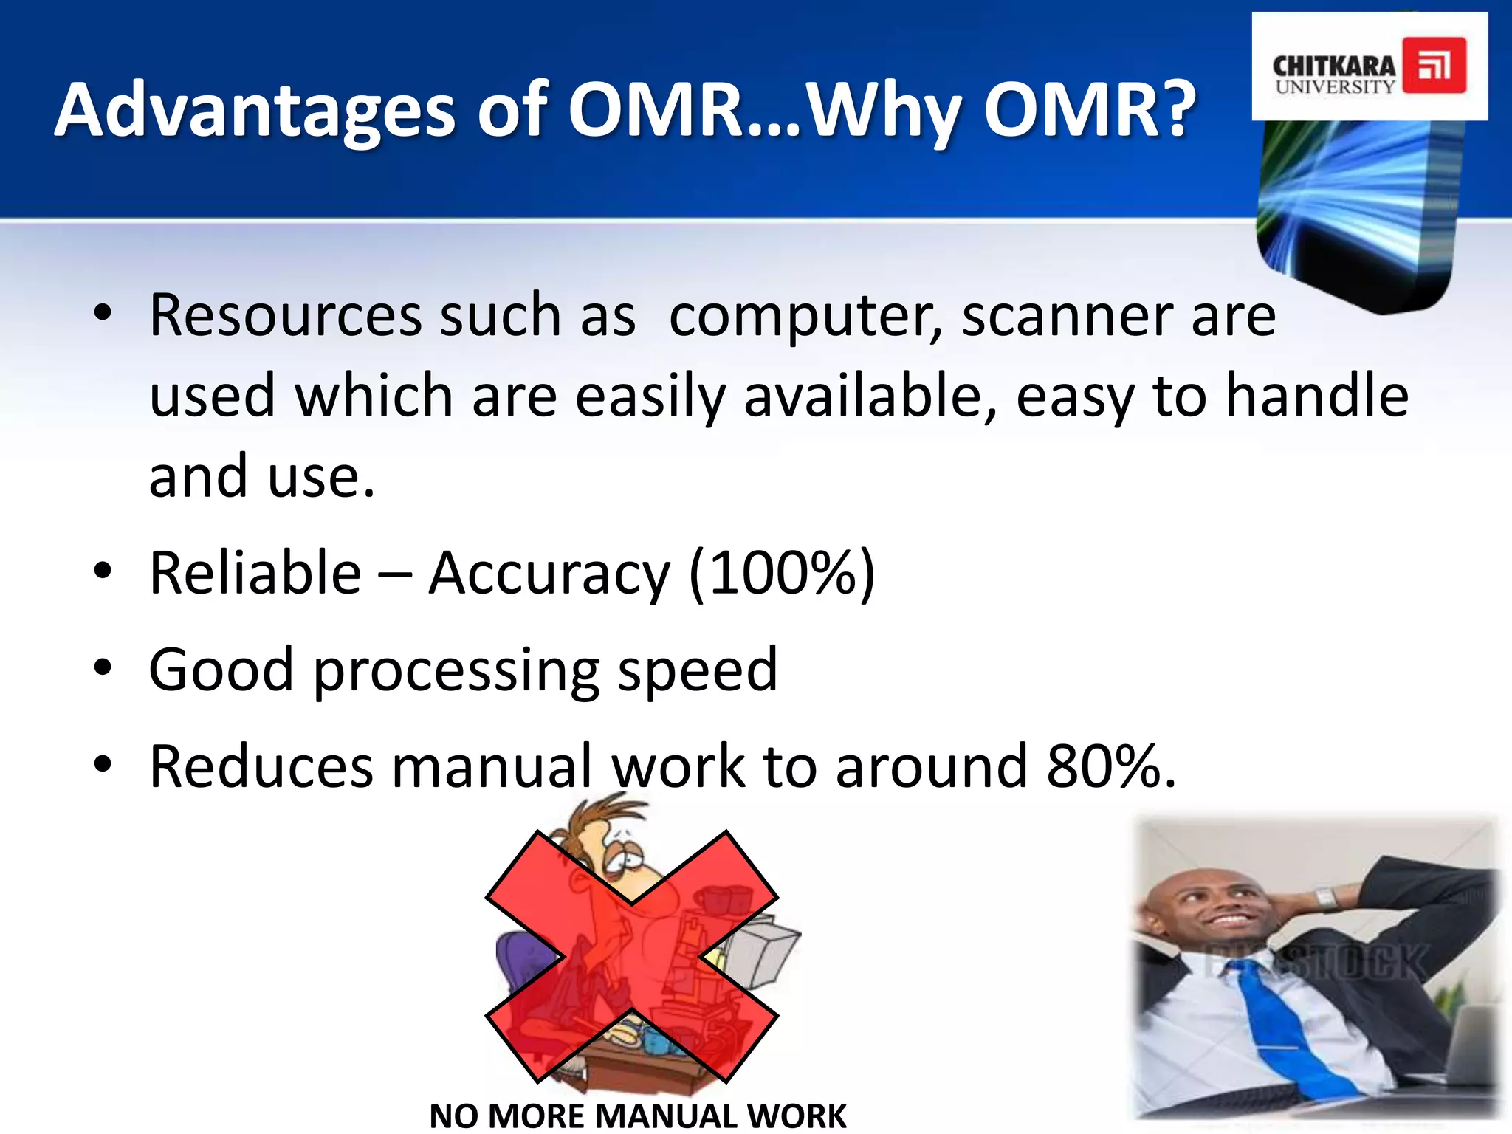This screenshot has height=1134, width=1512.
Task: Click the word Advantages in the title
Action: point(255,111)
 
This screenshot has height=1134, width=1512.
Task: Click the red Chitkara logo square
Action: point(1434,66)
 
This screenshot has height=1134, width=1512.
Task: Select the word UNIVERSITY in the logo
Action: point(1335,86)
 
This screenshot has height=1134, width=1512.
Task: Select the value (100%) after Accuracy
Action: point(781,574)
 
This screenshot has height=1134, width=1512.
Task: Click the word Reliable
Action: point(255,574)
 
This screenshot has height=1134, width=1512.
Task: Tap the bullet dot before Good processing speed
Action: point(103,668)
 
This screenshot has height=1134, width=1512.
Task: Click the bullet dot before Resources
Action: point(103,313)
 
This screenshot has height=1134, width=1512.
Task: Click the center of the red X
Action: point(631,956)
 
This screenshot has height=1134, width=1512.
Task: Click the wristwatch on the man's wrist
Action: point(1325,899)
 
